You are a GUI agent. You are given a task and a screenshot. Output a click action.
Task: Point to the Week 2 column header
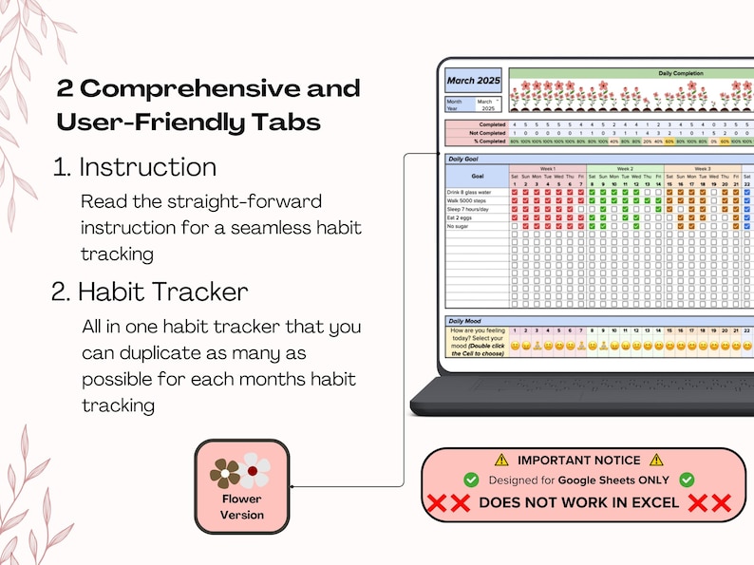pyautogui.click(x=624, y=168)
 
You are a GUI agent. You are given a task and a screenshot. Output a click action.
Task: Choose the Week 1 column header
pyautogui.click(x=547, y=168)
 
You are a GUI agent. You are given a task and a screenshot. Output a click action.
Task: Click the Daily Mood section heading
pyautogui.click(x=465, y=320)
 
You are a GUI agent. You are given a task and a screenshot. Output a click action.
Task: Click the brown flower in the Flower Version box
pyautogui.click(x=226, y=472)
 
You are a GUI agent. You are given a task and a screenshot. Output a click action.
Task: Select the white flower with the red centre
pyautogui.click(x=254, y=470)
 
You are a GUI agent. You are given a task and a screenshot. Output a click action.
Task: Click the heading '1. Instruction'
pyautogui.click(x=135, y=167)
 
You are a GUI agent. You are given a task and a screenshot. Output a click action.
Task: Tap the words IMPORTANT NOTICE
pyautogui.click(x=578, y=461)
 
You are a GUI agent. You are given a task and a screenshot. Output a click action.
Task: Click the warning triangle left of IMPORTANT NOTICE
pyautogui.click(x=501, y=460)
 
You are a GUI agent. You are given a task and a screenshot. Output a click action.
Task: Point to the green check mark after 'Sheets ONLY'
pyautogui.click(x=687, y=480)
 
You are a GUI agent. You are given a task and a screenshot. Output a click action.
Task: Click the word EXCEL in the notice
pyautogui.click(x=647, y=502)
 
